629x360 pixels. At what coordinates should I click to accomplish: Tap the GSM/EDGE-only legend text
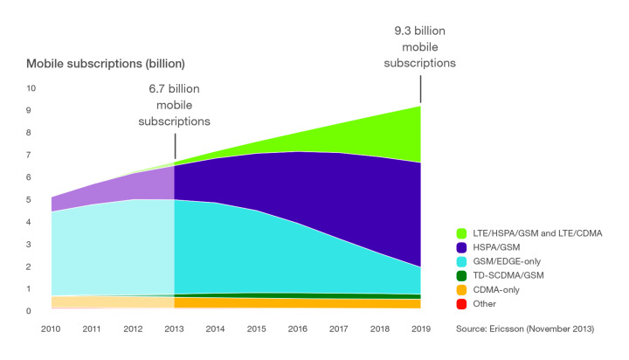click(508, 260)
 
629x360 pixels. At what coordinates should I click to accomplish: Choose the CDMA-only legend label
click(499, 289)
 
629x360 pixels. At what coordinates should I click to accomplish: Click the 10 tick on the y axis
click(31, 88)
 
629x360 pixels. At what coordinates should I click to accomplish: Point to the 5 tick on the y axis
click(31, 200)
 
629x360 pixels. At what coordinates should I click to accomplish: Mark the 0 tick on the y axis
click(31, 311)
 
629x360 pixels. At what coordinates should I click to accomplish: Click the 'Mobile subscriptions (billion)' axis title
click(106, 65)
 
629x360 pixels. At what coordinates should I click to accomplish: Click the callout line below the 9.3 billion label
click(421, 88)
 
